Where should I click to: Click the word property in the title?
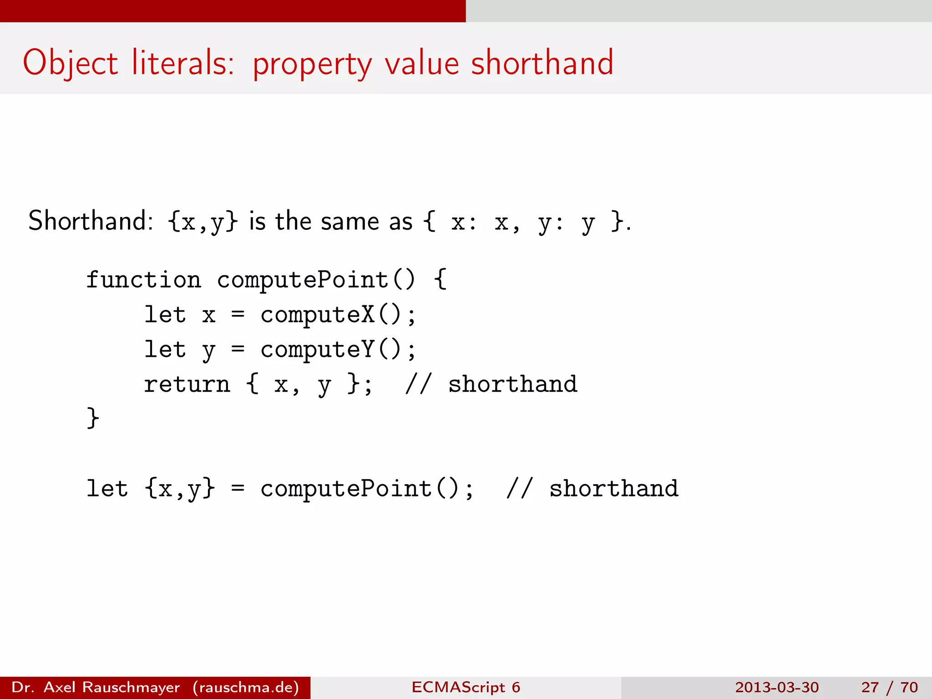tap(312, 64)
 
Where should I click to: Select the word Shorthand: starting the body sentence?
tap(91, 221)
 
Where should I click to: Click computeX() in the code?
tap(331, 314)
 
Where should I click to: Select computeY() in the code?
tap(331, 349)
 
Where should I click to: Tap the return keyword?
tap(187, 384)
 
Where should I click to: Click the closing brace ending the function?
tap(93, 418)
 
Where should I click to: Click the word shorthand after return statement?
tap(512, 384)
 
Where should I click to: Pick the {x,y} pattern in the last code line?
tap(180, 489)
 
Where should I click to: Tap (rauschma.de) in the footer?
tap(246, 687)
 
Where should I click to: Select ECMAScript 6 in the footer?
tap(466, 687)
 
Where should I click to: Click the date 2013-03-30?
tap(776, 687)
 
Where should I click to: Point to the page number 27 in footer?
tap(870, 687)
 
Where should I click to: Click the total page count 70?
tap(909, 687)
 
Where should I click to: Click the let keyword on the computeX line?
tap(165, 314)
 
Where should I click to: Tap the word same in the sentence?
tap(349, 222)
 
